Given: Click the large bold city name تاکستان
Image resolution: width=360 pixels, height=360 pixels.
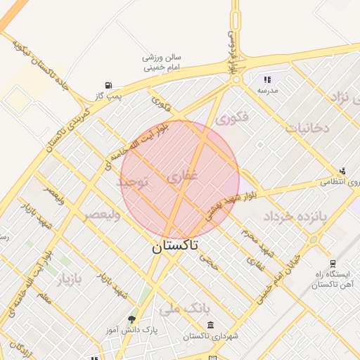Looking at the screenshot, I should pos(175,245).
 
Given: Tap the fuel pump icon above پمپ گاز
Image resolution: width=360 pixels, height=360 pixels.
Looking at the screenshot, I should pos(108,86).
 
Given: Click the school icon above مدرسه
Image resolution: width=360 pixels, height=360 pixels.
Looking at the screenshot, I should pos(267,80).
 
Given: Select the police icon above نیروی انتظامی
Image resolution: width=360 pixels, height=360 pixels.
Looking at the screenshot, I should pos(342,171).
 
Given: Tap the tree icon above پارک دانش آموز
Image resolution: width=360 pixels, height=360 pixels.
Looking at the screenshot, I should pos(131,319).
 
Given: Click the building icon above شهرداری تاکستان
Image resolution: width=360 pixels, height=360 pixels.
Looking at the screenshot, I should pos(211,325).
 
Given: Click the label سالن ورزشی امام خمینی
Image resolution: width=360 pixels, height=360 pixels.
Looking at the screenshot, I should pos(163,63).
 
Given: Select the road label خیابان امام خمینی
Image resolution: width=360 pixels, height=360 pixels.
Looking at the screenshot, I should pos(278,278).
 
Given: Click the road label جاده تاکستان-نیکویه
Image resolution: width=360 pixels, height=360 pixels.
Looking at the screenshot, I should pos(42,67).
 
